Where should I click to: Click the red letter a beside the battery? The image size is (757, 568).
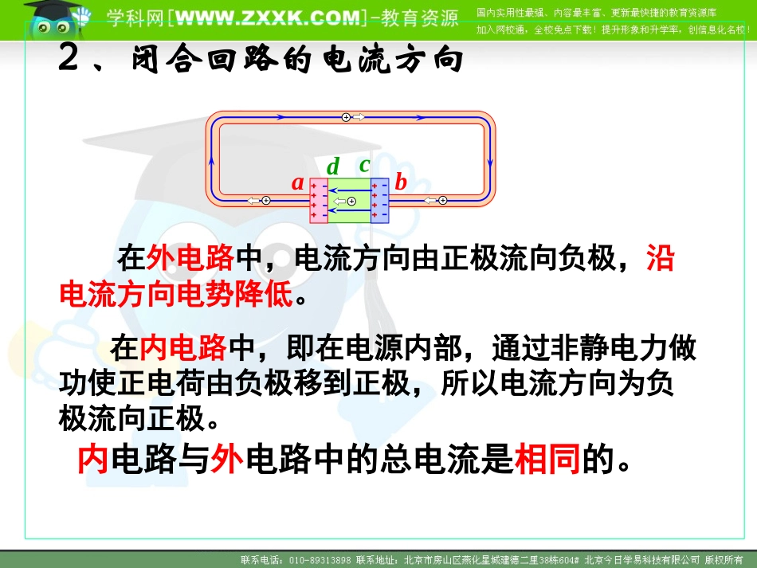coord(298,183)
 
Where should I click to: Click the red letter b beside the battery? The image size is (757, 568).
coord(401,182)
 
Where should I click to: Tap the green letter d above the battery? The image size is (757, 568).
coord(333,166)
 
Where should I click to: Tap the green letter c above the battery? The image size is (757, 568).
coord(365,165)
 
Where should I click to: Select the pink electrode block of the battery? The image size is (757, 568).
coord(318,201)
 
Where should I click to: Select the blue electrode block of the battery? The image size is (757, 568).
coord(379,200)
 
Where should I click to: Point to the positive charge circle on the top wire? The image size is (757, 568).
coord(346,117)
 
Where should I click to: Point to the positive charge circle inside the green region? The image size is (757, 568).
coord(351,202)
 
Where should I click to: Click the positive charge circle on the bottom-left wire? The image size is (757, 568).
coord(266,200)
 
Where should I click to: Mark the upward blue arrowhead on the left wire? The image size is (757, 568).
coord(212,159)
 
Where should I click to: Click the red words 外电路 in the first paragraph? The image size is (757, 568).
coord(191,258)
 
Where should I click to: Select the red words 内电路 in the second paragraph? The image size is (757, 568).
coord(183,348)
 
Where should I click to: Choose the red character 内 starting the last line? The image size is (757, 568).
coord(93,460)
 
